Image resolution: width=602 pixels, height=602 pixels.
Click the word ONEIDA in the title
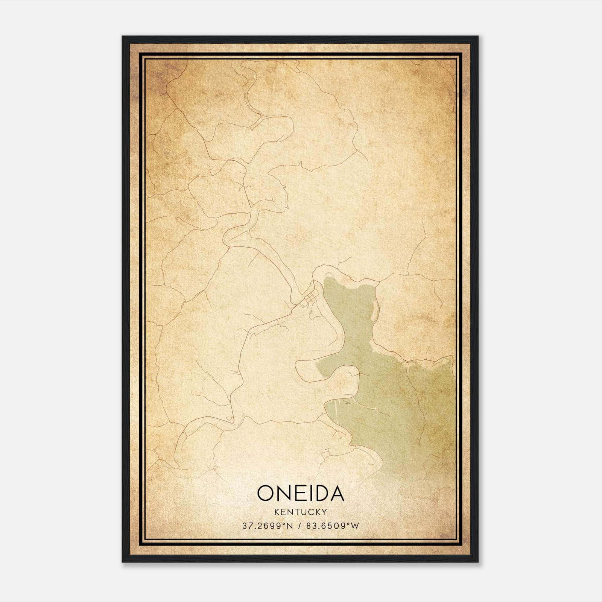(x=301, y=493)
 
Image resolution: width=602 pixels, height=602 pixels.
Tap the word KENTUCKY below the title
(x=301, y=512)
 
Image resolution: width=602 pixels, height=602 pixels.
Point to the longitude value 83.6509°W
(x=332, y=526)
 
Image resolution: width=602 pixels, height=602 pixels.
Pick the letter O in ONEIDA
(x=266, y=493)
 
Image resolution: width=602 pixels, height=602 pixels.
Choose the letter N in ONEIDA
(x=285, y=493)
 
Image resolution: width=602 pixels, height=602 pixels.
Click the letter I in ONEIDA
(x=311, y=493)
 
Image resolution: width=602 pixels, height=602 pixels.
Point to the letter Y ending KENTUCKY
(x=324, y=512)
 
